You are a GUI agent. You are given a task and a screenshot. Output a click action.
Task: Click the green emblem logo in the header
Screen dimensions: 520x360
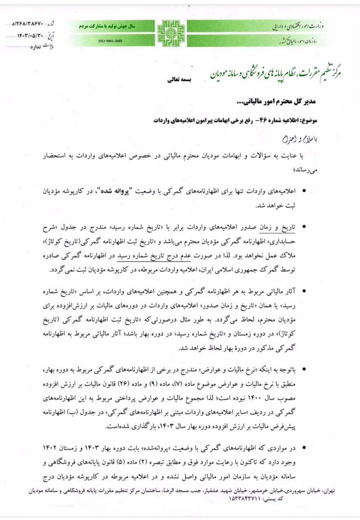tap(171, 33)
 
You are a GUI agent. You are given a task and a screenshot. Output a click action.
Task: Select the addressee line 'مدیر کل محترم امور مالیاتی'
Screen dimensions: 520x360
tap(282, 100)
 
